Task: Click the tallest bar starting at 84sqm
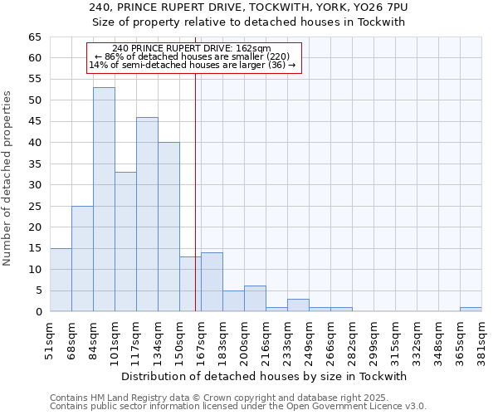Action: pyautogui.click(x=104, y=199)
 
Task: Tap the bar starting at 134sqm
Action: pyautogui.click(x=168, y=227)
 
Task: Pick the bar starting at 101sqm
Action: pyautogui.click(x=125, y=242)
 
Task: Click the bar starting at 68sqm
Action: pyautogui.click(x=82, y=258)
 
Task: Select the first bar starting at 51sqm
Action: pyautogui.click(x=61, y=280)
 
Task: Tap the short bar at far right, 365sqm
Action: pyautogui.click(x=471, y=310)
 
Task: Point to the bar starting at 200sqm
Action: pyautogui.click(x=255, y=299)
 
